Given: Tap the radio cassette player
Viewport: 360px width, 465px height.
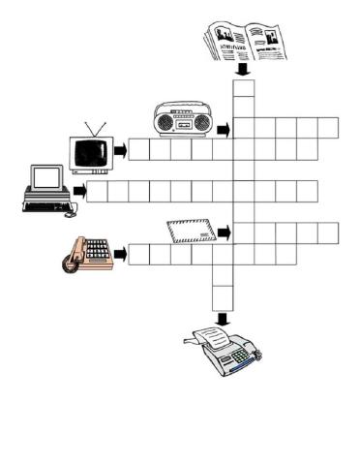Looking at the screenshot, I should coord(184,120).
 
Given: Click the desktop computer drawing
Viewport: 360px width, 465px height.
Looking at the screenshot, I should coord(45,189).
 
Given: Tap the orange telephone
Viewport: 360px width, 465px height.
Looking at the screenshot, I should coord(87,253).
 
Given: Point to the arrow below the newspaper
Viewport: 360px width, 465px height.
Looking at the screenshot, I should coord(244,71).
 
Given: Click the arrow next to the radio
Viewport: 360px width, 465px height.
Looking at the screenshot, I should coord(224,129).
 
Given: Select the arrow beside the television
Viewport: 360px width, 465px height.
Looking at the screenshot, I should coord(120,150).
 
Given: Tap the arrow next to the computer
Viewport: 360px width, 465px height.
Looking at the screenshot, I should coord(78,192).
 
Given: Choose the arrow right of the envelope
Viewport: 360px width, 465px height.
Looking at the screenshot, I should coord(224,233).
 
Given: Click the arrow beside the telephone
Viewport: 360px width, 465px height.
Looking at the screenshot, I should coord(120,255).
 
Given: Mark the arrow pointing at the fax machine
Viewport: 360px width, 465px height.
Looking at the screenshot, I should coord(223,318).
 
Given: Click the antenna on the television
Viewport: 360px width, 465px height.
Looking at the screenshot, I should coord(94,130).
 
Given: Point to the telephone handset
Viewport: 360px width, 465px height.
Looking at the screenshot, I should coord(72,256).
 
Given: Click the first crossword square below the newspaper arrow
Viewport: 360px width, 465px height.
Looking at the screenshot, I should coord(244,87).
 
